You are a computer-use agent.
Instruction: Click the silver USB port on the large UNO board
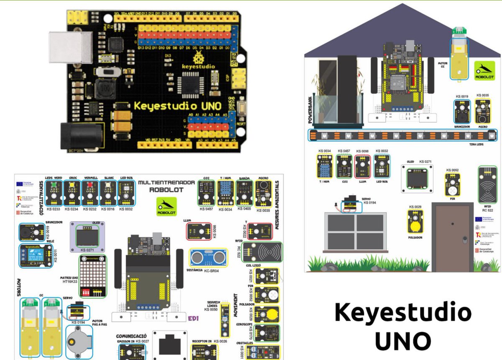coord(71,46)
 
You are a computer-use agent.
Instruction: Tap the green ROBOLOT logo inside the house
coord(484,70)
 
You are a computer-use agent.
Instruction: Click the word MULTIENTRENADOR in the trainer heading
coord(166,183)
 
